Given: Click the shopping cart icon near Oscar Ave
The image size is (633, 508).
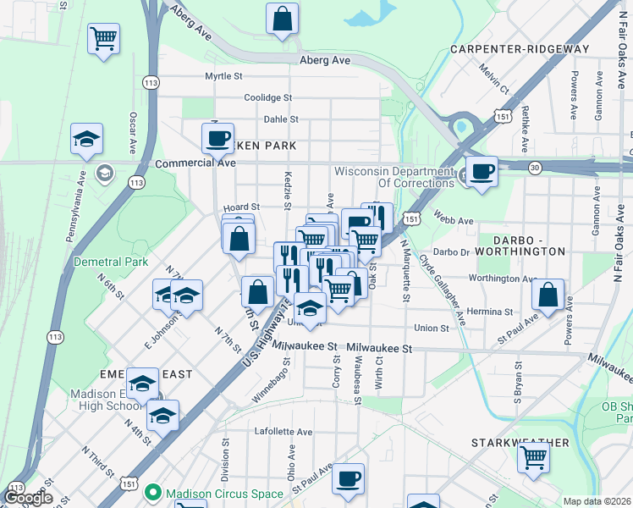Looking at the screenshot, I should (x=103, y=38).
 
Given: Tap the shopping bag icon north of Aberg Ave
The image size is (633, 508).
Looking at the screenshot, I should (x=283, y=19).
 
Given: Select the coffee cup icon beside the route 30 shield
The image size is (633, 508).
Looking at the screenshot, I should (x=482, y=171).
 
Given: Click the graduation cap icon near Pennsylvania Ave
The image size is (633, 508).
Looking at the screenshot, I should (x=86, y=140).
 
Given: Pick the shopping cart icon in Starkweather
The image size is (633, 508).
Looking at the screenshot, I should (x=534, y=457).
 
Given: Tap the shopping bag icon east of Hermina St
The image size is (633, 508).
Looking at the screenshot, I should (x=549, y=295).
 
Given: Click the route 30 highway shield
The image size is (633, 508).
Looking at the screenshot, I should (x=535, y=168).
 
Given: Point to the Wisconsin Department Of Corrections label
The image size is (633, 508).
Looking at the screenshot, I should (x=394, y=177).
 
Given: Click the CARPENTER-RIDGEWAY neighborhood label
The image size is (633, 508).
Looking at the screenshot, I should (x=519, y=49).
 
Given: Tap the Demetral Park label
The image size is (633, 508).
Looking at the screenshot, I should (x=111, y=262).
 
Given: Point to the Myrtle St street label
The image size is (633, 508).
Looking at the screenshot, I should (x=224, y=76).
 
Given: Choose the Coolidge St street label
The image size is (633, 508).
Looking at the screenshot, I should (x=267, y=97).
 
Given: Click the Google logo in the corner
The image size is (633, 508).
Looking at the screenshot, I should (x=27, y=499).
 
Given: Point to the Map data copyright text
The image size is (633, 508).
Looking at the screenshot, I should (x=597, y=500).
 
